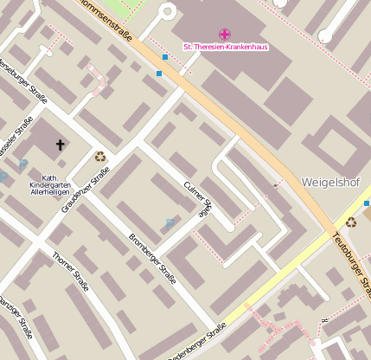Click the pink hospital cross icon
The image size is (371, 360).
(x=225, y=34)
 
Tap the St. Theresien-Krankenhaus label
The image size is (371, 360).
(x=225, y=45)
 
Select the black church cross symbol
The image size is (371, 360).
(x=60, y=145)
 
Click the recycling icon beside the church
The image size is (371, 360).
(x=100, y=157)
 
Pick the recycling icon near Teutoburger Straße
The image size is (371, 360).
(x=350, y=222)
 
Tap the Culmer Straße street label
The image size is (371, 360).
(x=197, y=199)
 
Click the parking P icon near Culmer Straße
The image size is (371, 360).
(x=170, y=223)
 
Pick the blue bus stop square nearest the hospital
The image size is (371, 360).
(x=164, y=57)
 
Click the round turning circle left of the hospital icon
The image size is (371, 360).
(x=167, y=11)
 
